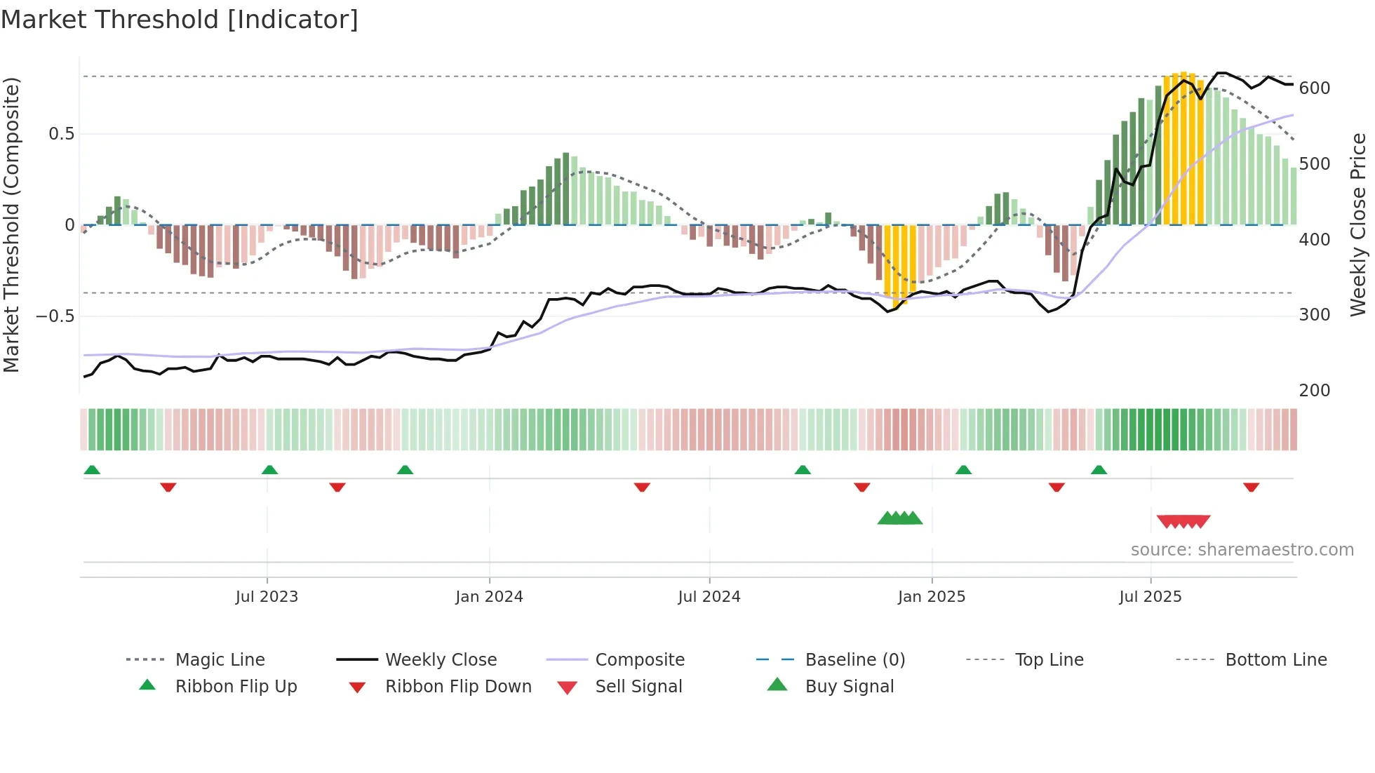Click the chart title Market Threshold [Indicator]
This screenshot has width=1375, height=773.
[x=180, y=20]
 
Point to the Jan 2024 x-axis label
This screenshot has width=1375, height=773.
[x=489, y=597]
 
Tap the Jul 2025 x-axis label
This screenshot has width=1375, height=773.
[x=1150, y=597]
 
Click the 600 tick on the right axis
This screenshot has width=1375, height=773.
[x=1314, y=88]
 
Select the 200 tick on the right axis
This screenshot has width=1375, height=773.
[x=1314, y=391]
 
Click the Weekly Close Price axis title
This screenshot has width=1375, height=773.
[x=1358, y=224]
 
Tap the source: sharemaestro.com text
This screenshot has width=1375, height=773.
[x=1242, y=550]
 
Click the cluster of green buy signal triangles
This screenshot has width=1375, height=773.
[x=900, y=518]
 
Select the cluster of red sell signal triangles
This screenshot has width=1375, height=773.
[x=1183, y=521]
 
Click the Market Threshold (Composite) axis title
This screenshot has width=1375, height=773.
[x=12, y=224]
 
